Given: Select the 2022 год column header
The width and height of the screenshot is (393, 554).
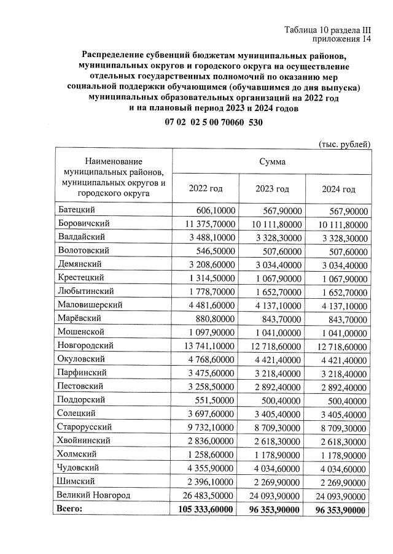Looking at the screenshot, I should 204,189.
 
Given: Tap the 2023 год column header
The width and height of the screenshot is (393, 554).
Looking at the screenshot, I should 272,189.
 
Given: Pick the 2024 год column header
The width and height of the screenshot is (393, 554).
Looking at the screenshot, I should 338,189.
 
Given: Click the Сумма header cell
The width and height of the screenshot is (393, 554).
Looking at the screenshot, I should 271,162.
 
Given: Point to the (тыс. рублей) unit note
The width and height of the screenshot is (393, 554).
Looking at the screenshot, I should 344,144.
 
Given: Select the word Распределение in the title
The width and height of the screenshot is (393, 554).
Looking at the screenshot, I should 115,54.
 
